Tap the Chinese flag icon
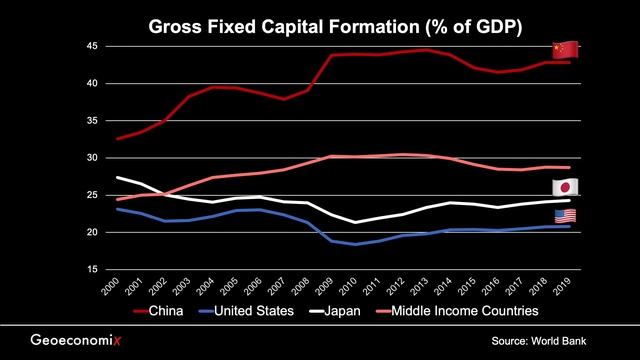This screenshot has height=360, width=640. click(565, 50)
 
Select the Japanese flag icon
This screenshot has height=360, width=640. click(565, 188)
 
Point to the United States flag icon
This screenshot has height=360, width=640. click(565, 216)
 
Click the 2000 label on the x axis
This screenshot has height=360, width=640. click(117, 290)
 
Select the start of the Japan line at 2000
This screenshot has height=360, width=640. click(119, 177)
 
